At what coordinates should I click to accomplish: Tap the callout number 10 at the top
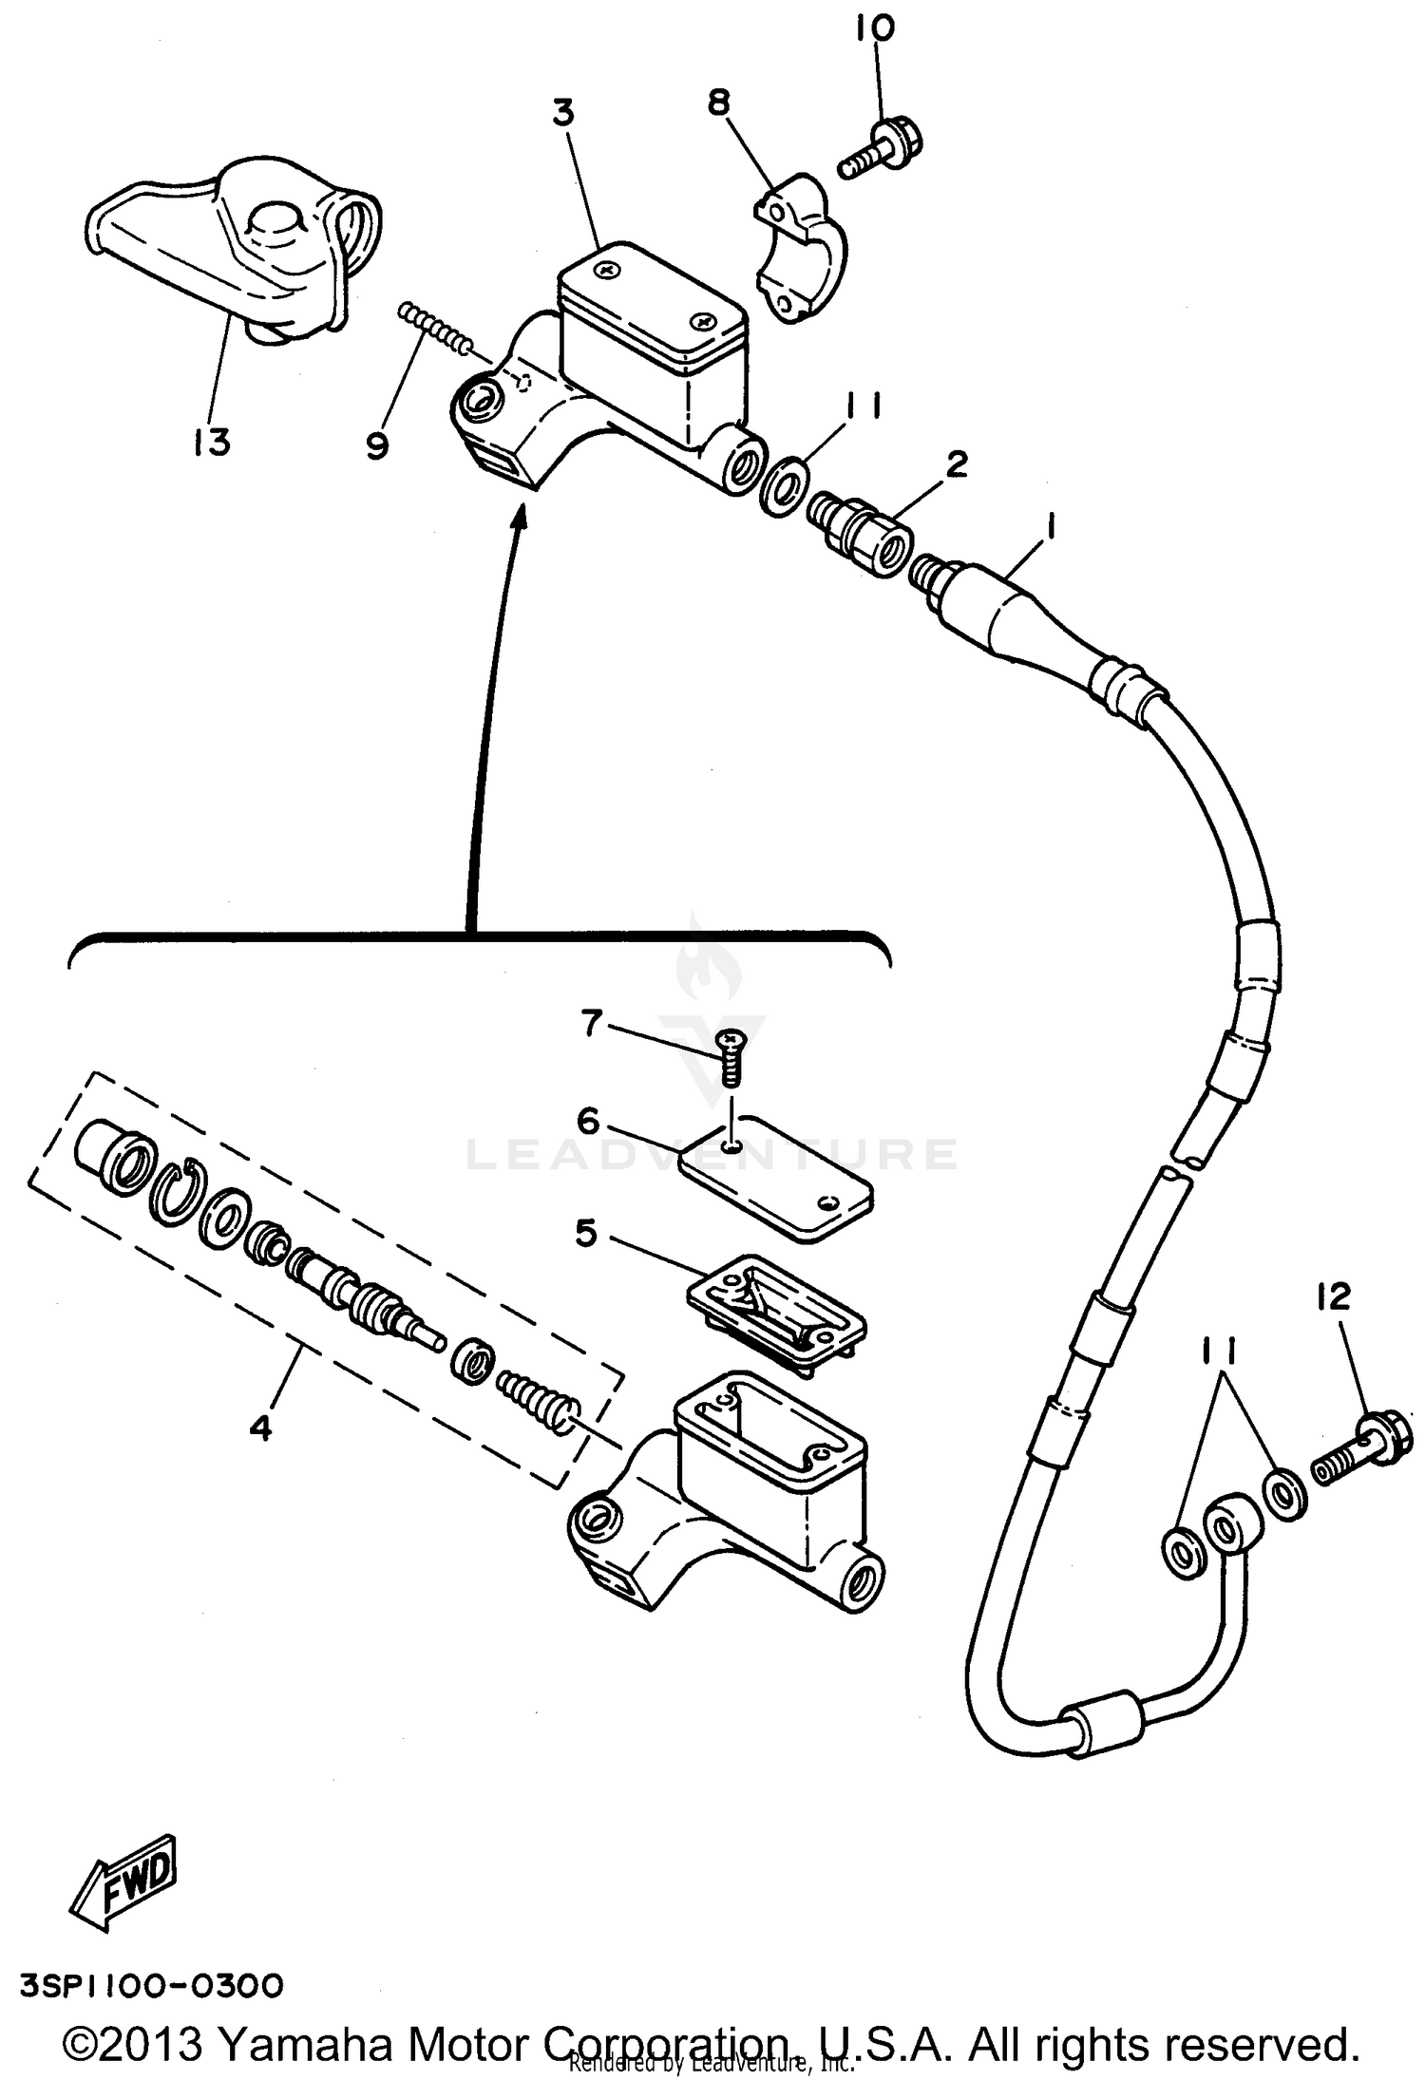coord(874,29)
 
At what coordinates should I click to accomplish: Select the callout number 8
coord(719,102)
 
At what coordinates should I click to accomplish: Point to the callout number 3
coord(563,113)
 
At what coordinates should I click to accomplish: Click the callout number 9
coord(377,444)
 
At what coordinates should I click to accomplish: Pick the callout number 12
coord(1333,1297)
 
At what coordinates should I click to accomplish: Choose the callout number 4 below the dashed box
coord(260,1428)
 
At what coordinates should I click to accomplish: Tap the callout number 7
coord(592,1023)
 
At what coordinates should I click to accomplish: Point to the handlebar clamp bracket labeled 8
coord(799,247)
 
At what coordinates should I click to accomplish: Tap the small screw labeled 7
coord(732,1060)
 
